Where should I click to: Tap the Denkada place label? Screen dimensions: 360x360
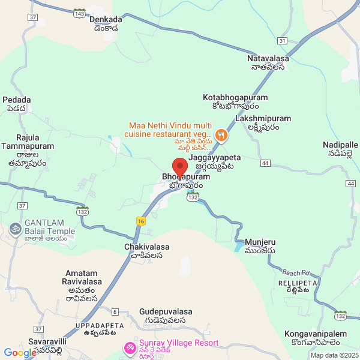coord(106,19)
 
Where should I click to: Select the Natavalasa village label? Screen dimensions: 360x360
coord(268,59)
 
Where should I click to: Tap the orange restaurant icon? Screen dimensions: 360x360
coord(221,135)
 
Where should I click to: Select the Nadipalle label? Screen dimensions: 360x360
coord(340,145)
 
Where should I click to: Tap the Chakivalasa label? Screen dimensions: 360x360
coord(147,247)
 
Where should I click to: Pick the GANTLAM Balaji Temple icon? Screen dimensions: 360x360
coord(14,228)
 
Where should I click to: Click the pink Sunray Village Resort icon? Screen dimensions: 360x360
coord(129,347)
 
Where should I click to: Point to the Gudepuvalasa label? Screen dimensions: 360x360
coord(166,312)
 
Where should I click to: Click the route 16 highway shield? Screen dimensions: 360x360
coord(141,220)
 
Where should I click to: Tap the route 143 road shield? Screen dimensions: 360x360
coord(78,12)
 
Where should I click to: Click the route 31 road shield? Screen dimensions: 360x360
coord(282,40)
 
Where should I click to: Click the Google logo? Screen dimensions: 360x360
coord(20,353)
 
